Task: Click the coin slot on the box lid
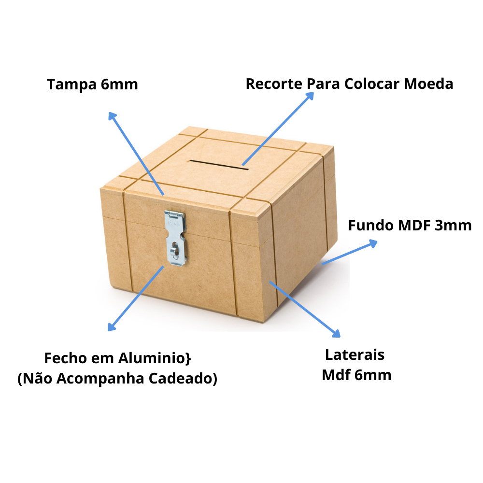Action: tap(219, 164)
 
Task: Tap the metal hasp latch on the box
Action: tap(175, 238)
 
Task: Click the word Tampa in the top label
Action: tap(72, 85)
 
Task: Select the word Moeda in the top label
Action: tap(428, 84)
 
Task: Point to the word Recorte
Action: tap(274, 84)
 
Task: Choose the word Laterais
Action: tap(355, 355)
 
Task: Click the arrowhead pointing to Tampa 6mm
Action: tap(112, 115)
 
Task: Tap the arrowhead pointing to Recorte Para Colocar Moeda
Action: tap(310, 95)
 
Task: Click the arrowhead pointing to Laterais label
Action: tap(337, 333)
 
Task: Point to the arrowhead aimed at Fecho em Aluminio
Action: tap(111, 327)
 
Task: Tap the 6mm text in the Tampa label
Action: tap(120, 85)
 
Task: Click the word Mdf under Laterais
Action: tap(336, 375)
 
